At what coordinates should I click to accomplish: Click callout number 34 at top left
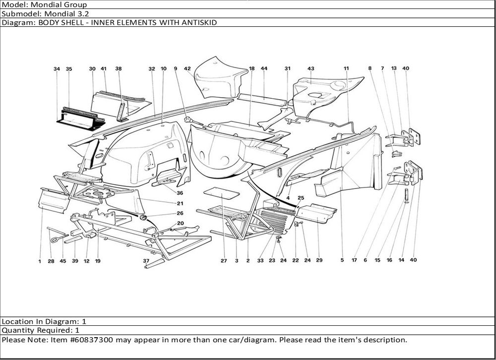point(57,69)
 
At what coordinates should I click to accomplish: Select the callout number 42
point(187,69)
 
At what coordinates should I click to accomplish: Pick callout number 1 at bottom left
point(40,261)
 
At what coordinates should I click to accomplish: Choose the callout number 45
point(62,261)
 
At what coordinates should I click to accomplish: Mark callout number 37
point(146,260)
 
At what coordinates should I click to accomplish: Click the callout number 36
point(180,193)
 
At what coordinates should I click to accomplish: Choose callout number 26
point(180,213)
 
